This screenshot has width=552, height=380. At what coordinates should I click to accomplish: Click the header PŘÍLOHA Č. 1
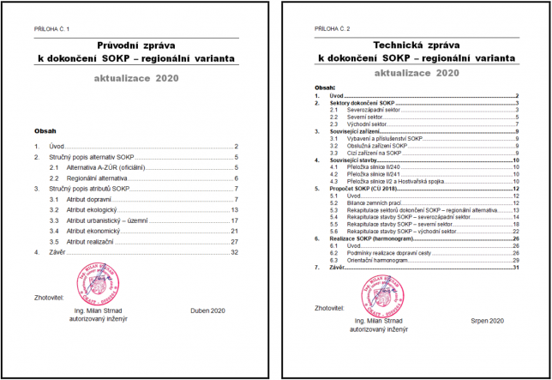[52, 30]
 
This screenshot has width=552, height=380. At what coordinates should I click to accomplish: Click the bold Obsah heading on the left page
[45, 131]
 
